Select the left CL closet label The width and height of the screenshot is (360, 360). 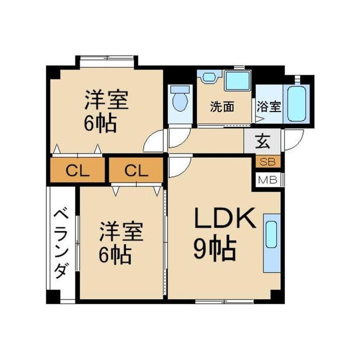[78, 170]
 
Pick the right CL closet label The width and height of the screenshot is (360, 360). [136, 170]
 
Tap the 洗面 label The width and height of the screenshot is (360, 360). [221, 107]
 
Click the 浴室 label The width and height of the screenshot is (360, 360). [269, 107]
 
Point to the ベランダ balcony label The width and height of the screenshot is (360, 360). [60, 242]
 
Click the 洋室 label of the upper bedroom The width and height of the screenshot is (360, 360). [106, 100]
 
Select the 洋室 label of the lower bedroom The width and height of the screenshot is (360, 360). [121, 232]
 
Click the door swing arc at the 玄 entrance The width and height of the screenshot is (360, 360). [293, 143]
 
